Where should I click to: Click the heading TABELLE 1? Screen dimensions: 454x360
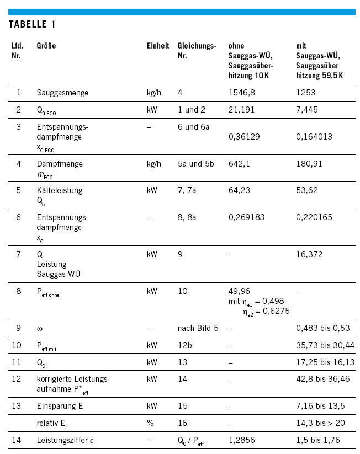pyautogui.click(x=32, y=24)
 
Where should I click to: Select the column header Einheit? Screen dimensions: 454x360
pyautogui.click(x=157, y=46)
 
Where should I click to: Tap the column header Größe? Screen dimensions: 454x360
pyautogui.click(x=46, y=46)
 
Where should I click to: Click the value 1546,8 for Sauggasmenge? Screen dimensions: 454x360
pyautogui.click(x=242, y=93)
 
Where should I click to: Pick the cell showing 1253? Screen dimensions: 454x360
pyautogui.click(x=305, y=93)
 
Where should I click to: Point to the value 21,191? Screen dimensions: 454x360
pyautogui.click(x=241, y=110)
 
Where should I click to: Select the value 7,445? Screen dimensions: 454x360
pyautogui.click(x=307, y=110)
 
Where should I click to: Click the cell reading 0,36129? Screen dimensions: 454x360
pyautogui.click(x=245, y=136)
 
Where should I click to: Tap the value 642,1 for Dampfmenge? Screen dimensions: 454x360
pyautogui.click(x=239, y=164)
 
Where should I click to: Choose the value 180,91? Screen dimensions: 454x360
pyautogui.click(x=309, y=164)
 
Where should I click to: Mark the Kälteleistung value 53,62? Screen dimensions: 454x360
pyautogui.click(x=306, y=190)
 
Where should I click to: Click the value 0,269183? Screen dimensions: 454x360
pyautogui.click(x=247, y=217)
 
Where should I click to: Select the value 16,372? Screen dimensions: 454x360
pyautogui.click(x=309, y=254)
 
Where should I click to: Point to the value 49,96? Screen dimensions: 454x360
pyautogui.click(x=239, y=291)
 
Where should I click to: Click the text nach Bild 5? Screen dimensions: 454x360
pyautogui.click(x=198, y=328)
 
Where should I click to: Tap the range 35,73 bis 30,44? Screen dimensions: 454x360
pyautogui.click(x=325, y=345)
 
